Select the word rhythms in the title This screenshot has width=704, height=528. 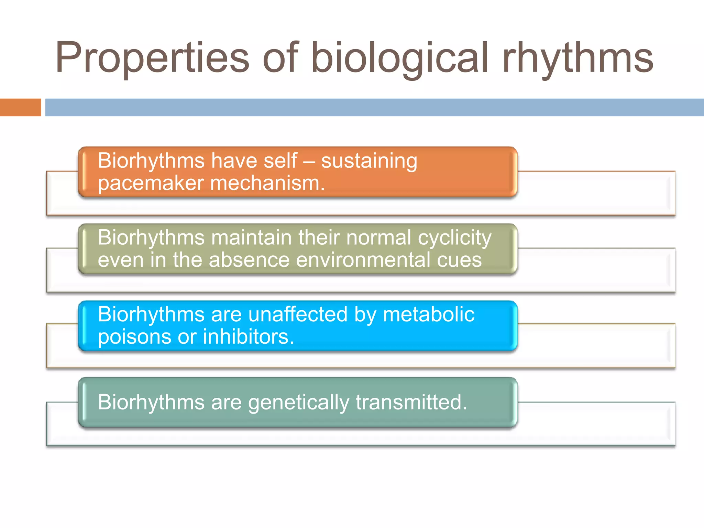[577, 58]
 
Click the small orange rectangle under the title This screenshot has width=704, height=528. [20, 107]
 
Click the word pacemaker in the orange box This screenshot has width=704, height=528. [151, 183]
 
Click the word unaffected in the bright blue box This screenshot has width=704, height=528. [298, 315]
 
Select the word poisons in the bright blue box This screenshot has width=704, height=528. [134, 337]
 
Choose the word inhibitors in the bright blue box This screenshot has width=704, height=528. [248, 337]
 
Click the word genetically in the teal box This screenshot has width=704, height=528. [298, 403]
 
